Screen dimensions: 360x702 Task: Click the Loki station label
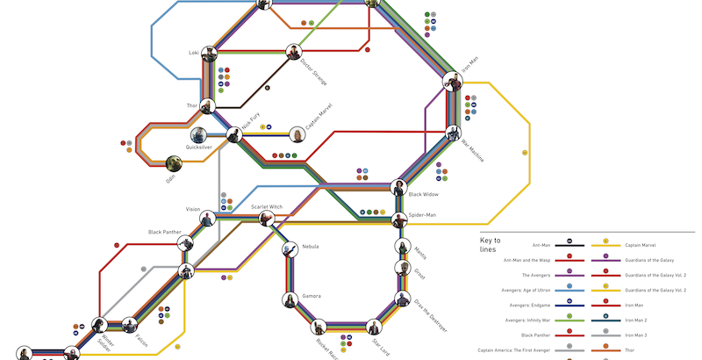(194, 53)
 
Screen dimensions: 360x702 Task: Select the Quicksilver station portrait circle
(199, 135)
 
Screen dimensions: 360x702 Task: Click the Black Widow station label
(424, 194)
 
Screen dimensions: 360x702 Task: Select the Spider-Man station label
(422, 214)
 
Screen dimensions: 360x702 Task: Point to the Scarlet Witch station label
(267, 206)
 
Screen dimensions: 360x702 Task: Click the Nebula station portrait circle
(289, 250)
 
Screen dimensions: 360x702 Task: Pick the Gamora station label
(312, 296)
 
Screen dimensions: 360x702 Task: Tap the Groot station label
(419, 275)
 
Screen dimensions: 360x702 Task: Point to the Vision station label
(193, 209)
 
